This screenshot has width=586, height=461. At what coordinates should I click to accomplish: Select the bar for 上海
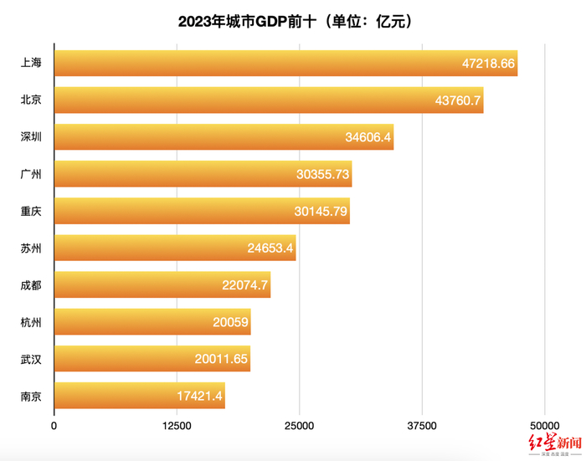click(285, 63)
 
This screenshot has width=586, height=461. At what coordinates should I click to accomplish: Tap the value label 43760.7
click(458, 100)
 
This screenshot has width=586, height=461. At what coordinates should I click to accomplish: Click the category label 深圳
click(32, 136)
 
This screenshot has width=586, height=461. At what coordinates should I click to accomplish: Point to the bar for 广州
click(203, 173)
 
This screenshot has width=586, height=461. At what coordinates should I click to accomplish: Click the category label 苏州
click(32, 248)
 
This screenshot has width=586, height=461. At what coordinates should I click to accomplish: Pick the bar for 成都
click(162, 284)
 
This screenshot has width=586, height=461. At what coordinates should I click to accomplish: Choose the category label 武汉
click(32, 359)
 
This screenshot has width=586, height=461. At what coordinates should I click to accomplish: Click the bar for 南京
click(139, 395)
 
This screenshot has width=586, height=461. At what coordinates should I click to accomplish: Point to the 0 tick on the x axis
click(54, 426)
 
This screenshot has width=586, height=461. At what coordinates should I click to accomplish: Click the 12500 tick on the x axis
click(177, 426)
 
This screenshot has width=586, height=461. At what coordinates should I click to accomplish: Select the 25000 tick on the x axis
click(300, 426)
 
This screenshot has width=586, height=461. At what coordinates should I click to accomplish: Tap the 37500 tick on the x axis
click(422, 426)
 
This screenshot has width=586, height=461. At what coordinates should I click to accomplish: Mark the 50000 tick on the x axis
click(544, 426)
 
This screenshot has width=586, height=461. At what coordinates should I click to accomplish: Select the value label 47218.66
click(489, 63)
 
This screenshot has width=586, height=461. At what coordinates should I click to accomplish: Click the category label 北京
click(32, 100)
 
